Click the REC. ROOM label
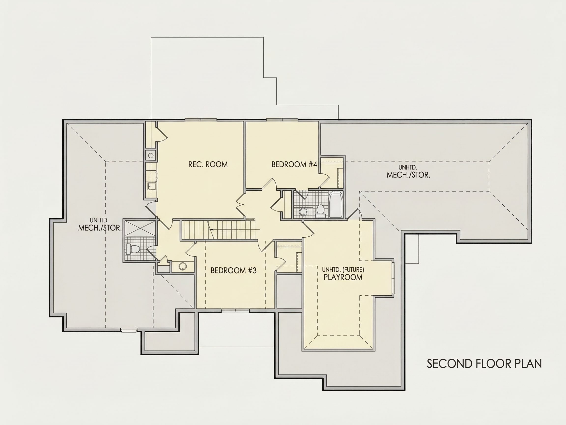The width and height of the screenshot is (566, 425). click(208, 165)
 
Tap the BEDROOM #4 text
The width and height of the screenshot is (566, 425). click(294, 165)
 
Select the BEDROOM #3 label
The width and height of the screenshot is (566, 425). click(233, 271)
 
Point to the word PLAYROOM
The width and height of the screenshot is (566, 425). click(343, 277)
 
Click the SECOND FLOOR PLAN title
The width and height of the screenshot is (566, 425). click(484, 364)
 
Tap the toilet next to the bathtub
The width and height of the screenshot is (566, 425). click(320, 211)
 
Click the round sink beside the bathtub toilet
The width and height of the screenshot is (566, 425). click(303, 212)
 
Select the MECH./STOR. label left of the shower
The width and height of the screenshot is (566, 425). click(100, 228)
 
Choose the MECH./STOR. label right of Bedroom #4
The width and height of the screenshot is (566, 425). click(408, 175)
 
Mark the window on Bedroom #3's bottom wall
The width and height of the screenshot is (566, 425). click(235, 311)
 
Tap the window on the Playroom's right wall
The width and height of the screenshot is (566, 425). click(393, 277)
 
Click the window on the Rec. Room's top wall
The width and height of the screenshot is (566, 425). click(201, 120)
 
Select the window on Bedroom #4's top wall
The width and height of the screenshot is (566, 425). click(282, 120)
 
